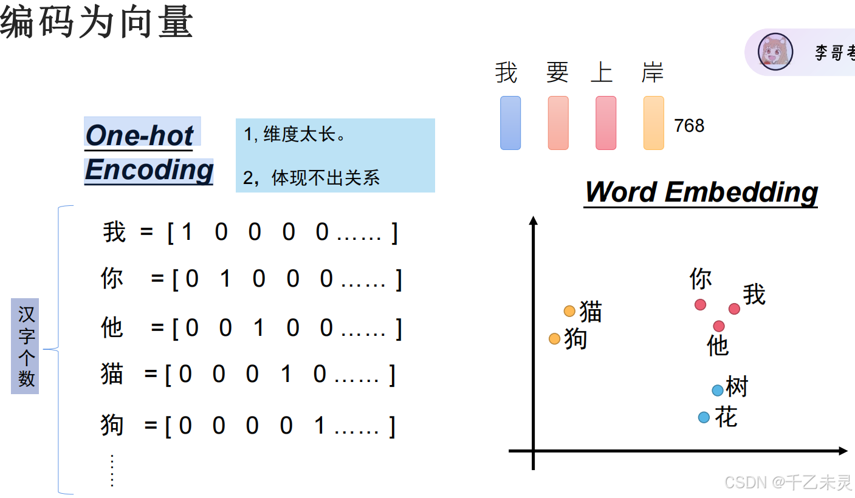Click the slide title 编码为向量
click(97, 23)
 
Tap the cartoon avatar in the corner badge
click(776, 52)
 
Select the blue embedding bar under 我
click(510, 123)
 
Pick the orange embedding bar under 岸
click(654, 123)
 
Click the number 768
click(689, 126)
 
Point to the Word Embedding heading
click(701, 192)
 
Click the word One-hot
click(139, 135)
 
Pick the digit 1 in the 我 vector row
click(187, 232)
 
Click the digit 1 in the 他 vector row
click(259, 328)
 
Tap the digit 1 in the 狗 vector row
click(320, 426)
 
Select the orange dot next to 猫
click(569, 311)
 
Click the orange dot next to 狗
click(554, 339)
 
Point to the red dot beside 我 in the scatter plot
click(734, 309)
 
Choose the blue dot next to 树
click(718, 391)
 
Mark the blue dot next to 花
click(704, 417)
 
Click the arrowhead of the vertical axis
click(534, 220)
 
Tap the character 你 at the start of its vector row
click(112, 278)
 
